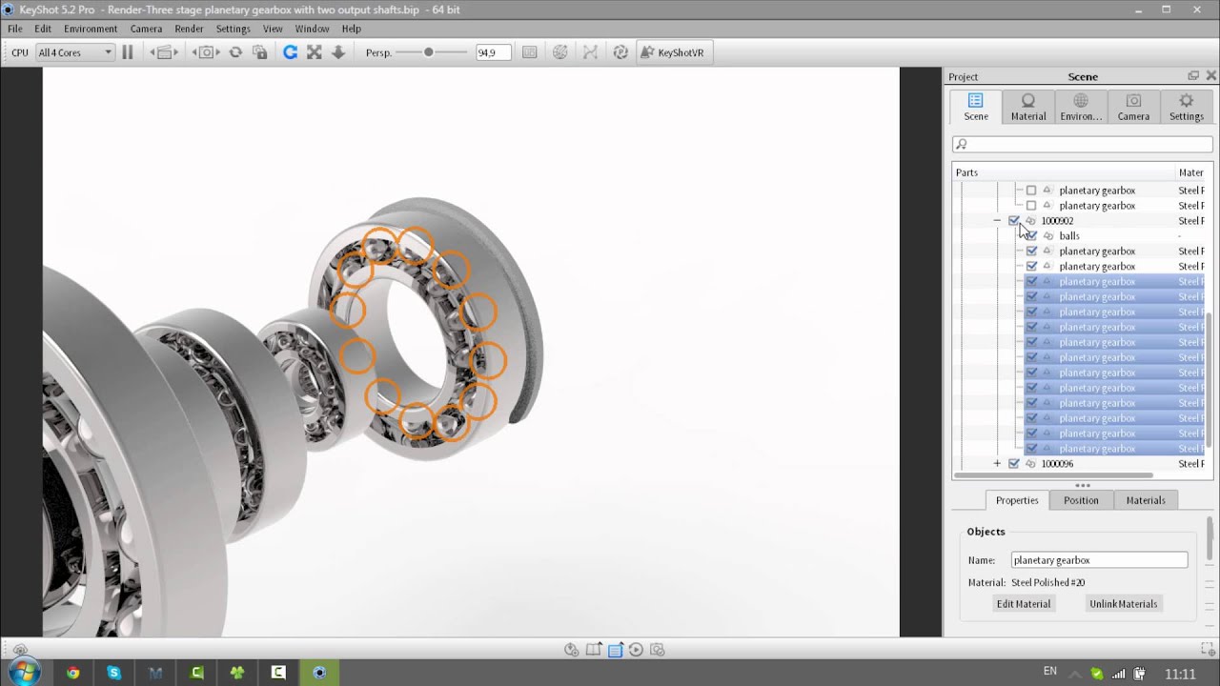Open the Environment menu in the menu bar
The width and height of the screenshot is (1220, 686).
tap(91, 29)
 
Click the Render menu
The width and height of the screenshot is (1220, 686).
tap(189, 29)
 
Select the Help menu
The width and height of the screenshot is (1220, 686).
tap(351, 29)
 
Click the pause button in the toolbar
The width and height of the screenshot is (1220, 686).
tap(127, 52)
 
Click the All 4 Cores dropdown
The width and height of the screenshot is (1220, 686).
tap(74, 52)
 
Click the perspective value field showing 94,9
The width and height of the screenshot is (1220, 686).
tap(493, 52)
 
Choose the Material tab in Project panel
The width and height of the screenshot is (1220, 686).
tap(1027, 107)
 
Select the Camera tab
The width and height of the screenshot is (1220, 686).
tap(1133, 107)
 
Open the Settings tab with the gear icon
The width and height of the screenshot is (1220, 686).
tap(1186, 107)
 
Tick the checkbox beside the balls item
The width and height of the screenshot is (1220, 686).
tap(1031, 235)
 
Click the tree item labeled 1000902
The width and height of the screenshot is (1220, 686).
tap(1057, 221)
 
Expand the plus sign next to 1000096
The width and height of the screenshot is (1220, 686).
tap(997, 464)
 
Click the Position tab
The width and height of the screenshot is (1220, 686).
tap(1081, 500)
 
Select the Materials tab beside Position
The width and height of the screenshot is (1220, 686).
tap(1145, 500)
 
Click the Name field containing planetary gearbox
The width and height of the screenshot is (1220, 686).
tap(1099, 560)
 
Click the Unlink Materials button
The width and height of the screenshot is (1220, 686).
tap(1123, 604)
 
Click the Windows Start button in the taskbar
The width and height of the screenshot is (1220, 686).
tap(24, 673)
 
